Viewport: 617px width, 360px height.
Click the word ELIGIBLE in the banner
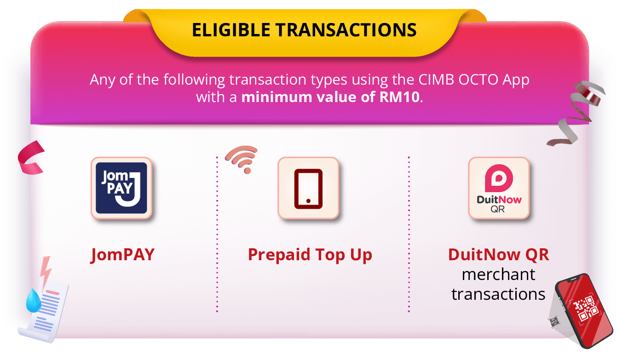[x=231, y=30]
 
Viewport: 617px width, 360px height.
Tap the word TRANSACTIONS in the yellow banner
[x=346, y=30]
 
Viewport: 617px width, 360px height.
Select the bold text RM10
[x=400, y=97]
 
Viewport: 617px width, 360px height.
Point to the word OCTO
[x=479, y=80]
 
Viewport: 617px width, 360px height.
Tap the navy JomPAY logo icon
[x=121, y=188]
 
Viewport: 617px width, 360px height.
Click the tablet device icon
[x=308, y=189]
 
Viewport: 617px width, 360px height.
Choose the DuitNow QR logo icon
[x=499, y=188]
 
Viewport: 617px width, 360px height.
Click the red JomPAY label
[x=122, y=255]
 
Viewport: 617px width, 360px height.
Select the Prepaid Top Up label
[x=310, y=255]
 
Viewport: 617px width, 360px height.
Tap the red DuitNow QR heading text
[x=499, y=255]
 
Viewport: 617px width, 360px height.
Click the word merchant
[x=499, y=274]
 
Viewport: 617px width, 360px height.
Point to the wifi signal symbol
[x=242, y=159]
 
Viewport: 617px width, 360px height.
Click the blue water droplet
[x=33, y=301]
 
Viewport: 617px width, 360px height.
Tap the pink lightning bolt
[x=46, y=273]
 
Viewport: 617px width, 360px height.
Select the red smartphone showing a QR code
[x=583, y=311]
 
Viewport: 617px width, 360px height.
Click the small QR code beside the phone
[x=554, y=322]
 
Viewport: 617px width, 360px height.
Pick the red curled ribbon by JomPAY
[x=30, y=157]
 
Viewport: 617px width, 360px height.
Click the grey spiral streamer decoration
[x=576, y=113]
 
